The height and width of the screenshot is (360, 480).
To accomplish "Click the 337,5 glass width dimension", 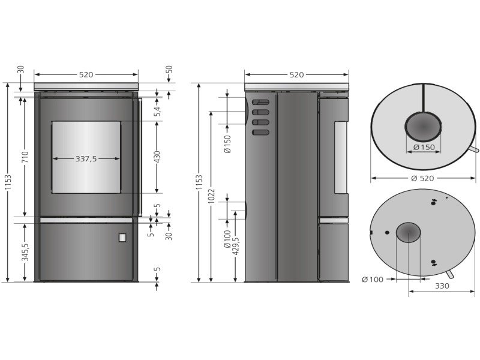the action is [86, 158].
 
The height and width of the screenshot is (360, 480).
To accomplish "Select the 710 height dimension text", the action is [25, 157].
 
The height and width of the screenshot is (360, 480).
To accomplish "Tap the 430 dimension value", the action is [157, 157].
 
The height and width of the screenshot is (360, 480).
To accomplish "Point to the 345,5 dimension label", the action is [25, 252].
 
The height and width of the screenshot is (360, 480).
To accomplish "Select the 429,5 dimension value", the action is [235, 246].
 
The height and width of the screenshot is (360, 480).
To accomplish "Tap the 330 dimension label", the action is [442, 286].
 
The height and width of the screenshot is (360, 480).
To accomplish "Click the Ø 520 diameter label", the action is [423, 178].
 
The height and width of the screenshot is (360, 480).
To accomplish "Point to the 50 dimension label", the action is [169, 69].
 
